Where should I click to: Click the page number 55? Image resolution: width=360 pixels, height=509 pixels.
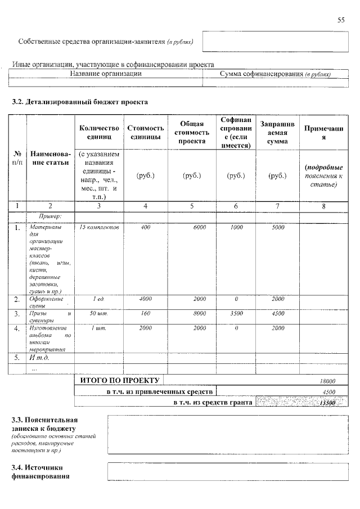tap(341, 20)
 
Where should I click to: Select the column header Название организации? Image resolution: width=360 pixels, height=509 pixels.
tap(106, 74)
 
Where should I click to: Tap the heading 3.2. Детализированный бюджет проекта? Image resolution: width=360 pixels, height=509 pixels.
tap(80, 102)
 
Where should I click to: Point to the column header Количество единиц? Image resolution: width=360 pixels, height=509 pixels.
tap(100, 132)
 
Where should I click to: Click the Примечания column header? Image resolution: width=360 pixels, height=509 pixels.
tap(323, 133)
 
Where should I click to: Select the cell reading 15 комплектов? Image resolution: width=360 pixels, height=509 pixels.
tap(100, 228)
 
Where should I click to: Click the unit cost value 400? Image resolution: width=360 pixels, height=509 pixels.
tap(146, 228)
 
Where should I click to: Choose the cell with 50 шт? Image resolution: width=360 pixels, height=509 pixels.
tap(99, 313)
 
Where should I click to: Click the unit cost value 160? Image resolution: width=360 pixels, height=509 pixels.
tap(146, 313)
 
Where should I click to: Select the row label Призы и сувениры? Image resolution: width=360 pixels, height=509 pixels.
tap(50, 317)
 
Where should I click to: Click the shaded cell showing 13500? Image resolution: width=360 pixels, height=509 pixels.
tap(326, 403)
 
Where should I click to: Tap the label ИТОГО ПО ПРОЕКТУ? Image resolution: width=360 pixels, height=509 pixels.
tap(117, 381)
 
